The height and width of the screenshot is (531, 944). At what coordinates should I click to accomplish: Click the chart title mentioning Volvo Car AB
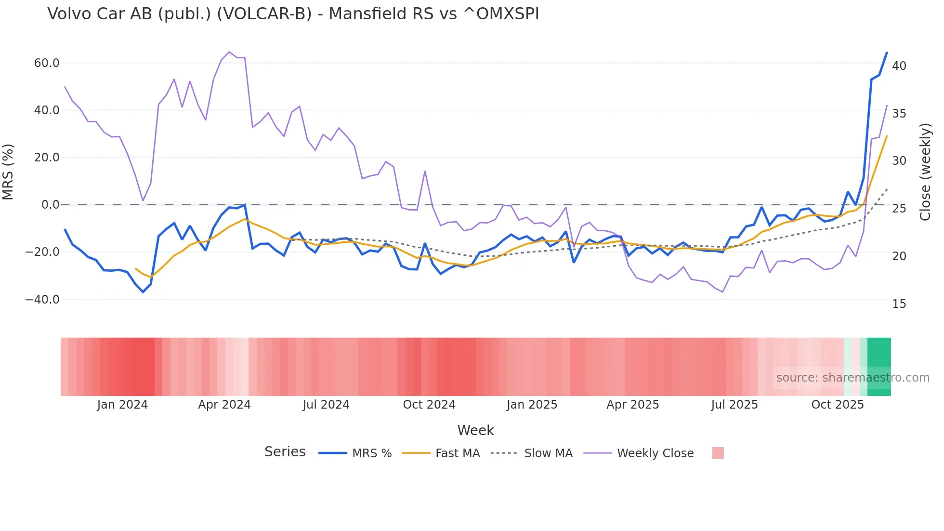click(293, 14)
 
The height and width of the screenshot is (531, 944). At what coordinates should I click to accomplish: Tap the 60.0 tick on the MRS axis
click(47, 63)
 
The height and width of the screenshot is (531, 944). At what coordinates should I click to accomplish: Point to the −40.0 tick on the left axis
click(42, 300)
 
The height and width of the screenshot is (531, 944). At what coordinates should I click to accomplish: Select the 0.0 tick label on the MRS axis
click(50, 205)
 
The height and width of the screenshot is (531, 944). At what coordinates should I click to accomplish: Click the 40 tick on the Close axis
click(899, 66)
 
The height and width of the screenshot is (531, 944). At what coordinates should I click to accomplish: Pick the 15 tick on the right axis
click(899, 304)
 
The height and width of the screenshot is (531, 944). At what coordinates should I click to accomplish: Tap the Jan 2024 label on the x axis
click(122, 405)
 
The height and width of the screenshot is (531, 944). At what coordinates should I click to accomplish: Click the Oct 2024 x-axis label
click(429, 405)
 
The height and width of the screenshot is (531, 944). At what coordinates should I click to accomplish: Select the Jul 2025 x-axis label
click(734, 405)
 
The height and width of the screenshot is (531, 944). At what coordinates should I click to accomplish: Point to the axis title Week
click(475, 430)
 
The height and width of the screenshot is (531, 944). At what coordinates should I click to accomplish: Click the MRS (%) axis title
click(8, 172)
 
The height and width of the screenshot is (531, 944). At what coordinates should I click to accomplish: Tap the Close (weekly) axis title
click(925, 172)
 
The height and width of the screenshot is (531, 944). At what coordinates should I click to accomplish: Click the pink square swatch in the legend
click(718, 453)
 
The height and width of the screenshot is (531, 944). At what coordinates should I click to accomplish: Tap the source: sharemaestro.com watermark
click(852, 378)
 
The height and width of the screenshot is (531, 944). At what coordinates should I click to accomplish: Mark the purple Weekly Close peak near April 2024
click(229, 52)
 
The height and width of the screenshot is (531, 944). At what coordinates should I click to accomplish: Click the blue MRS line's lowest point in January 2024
click(143, 292)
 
